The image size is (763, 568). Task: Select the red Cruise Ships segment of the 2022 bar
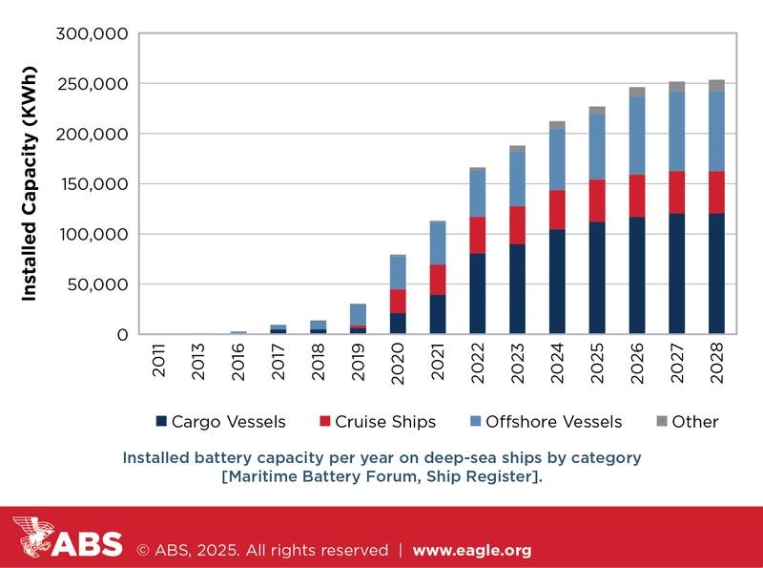click(x=477, y=235)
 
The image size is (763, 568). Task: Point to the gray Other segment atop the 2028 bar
click(x=716, y=85)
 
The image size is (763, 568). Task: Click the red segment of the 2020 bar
click(x=398, y=301)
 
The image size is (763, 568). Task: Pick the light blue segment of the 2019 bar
click(x=358, y=314)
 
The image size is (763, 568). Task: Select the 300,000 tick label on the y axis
click(x=93, y=34)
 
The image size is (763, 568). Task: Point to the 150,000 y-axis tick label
click(x=93, y=184)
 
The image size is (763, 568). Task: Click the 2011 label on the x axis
click(x=158, y=368)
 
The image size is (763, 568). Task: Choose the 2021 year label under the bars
click(x=438, y=368)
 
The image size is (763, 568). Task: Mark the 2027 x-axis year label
click(x=677, y=368)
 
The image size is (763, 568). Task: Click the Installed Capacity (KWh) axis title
click(x=30, y=185)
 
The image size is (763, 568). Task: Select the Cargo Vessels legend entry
click(x=233, y=421)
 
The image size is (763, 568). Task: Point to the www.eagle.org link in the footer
click(x=471, y=551)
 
